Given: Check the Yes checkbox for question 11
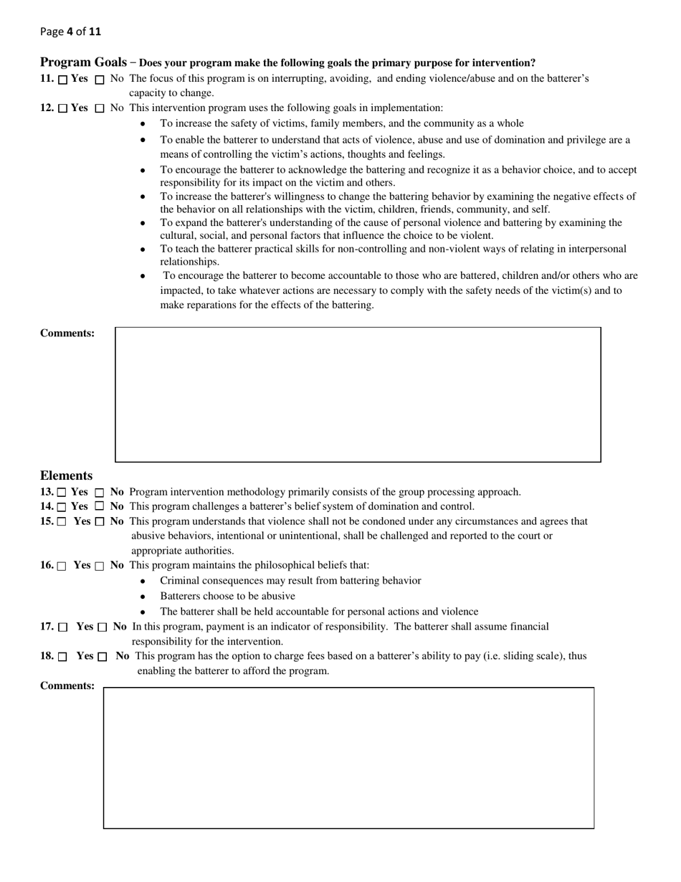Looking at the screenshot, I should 63,80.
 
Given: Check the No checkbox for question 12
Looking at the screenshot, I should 100,109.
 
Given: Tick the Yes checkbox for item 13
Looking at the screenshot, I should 62,493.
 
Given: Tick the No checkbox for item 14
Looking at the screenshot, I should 100,507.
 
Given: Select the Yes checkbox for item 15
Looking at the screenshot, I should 62,522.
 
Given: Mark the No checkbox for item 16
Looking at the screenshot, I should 100,566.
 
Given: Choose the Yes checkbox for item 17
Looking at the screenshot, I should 63,627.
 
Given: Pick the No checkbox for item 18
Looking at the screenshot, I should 103,657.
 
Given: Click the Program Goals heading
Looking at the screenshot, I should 83,62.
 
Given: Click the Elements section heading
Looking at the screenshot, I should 66,476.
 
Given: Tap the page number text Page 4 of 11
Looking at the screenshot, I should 70,32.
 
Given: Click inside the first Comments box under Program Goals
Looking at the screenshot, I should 358,394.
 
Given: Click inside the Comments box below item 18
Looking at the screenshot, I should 348,758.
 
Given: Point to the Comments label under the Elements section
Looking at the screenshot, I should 67,686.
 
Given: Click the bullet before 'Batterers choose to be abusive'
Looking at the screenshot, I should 143,597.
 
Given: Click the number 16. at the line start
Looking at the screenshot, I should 47,565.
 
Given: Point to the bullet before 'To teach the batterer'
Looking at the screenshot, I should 143,250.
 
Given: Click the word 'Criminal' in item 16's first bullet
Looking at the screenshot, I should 180,581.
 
